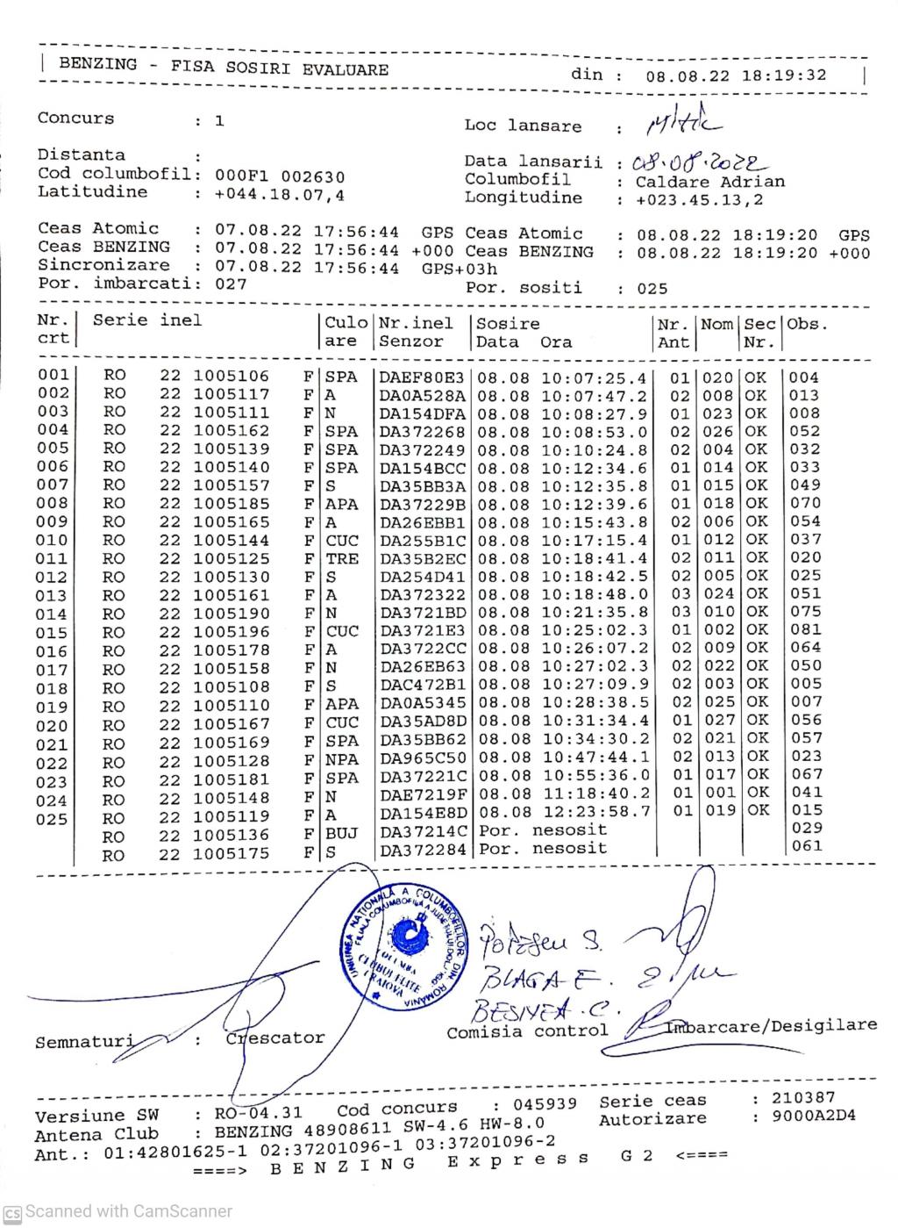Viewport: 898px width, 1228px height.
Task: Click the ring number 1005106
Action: tap(232, 377)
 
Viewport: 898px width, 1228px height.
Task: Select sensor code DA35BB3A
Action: tap(423, 485)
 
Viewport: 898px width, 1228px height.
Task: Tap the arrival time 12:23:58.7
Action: tap(595, 810)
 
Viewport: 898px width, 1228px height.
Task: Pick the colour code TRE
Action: tap(342, 558)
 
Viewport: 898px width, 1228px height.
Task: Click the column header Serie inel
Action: tap(147, 320)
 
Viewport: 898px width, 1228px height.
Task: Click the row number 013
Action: tap(52, 596)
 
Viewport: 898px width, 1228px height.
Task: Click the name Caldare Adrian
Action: tap(710, 183)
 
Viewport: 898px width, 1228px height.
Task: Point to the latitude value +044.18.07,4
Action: tap(280, 194)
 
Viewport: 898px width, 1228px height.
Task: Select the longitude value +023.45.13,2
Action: tap(700, 200)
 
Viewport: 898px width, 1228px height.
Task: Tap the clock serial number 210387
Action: tap(803, 1098)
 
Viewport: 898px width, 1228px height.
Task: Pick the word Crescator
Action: tap(275, 1038)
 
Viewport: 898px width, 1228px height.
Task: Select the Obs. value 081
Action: tap(806, 629)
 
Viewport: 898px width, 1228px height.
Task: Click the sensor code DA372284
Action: tap(423, 849)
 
